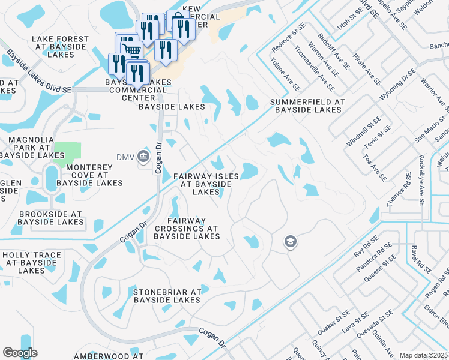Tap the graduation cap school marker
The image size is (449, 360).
click(291, 242)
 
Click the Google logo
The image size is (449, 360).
click(20, 352)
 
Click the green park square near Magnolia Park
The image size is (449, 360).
click(67, 153)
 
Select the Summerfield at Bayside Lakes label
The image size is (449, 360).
click(307, 106)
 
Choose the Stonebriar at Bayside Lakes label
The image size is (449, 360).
click(167, 296)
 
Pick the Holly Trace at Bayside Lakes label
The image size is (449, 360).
click(32, 263)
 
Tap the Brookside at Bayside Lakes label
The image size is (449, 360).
click(50, 218)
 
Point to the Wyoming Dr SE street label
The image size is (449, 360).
click(397, 85)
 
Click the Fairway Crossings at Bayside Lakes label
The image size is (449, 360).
click(186, 229)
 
